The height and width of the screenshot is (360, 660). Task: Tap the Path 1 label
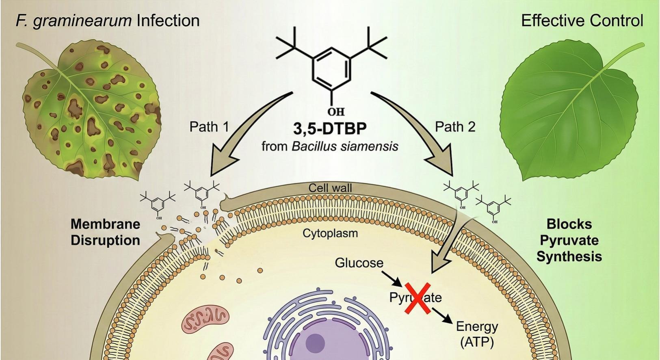209,127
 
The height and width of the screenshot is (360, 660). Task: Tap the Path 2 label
455,127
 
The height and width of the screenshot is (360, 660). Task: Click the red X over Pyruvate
417,298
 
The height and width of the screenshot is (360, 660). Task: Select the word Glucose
359,263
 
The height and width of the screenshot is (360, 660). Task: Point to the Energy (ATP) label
477,334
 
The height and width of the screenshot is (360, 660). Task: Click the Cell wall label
330,188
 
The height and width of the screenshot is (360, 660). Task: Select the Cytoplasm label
330,233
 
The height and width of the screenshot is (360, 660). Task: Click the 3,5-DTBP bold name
330,128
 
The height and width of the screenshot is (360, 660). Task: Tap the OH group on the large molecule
336,111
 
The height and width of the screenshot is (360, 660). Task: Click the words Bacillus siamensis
345,146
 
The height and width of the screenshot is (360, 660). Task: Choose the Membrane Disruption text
105,232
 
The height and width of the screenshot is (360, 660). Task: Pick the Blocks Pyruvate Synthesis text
569,240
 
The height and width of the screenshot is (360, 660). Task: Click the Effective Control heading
582,20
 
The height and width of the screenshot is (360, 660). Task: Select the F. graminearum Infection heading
108,20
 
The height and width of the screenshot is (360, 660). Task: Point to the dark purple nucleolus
315,342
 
